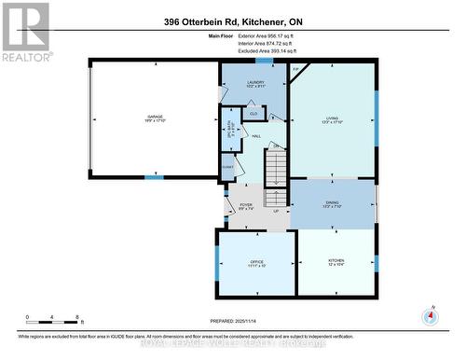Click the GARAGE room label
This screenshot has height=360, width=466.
point(155,118)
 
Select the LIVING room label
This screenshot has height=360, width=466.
point(332,119)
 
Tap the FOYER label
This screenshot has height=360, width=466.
point(246,207)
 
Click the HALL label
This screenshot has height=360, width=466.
point(255,135)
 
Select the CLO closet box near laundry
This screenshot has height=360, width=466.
point(253,114)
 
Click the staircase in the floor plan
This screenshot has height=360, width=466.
point(277,177)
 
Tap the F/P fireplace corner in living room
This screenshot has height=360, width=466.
point(296,71)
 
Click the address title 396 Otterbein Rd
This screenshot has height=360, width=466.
point(232,21)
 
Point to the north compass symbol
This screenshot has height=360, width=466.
point(429,316)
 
